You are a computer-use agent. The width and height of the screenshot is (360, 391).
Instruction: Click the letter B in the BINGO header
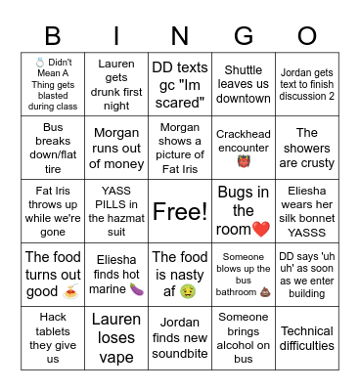click(53, 37)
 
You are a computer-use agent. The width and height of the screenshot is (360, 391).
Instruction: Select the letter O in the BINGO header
click(306, 37)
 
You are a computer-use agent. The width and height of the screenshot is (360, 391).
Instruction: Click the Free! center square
click(180, 211)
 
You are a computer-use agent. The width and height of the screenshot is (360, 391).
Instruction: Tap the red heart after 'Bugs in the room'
click(260, 229)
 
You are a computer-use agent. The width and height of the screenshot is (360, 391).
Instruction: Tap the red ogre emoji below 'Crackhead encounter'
click(244, 157)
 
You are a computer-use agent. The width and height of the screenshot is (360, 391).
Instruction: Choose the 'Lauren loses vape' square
click(116, 338)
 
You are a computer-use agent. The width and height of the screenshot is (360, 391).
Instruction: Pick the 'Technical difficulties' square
click(307, 338)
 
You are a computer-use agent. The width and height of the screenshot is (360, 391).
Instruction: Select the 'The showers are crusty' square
click(307, 149)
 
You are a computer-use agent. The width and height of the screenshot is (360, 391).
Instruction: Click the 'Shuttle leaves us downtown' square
click(244, 84)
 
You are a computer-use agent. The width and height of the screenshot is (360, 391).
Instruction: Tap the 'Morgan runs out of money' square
click(116, 149)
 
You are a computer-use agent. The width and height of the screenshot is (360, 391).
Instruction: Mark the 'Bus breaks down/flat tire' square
click(53, 149)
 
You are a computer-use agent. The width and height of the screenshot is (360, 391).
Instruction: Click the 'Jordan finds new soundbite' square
click(180, 338)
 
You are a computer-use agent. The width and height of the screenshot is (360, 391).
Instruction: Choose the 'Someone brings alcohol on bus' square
click(244, 338)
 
